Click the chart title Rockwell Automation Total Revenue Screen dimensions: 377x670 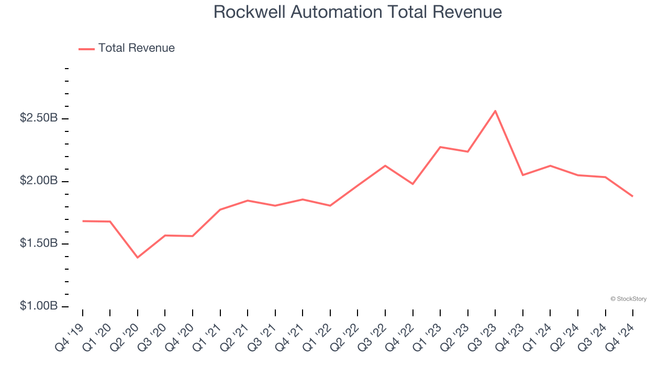(x=358, y=12)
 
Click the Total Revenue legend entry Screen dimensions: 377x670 (x=136, y=48)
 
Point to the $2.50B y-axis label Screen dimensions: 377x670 (x=38, y=118)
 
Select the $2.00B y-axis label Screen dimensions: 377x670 (x=38, y=181)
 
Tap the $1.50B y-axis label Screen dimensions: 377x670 (x=38, y=244)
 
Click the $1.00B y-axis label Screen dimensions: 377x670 (x=38, y=306)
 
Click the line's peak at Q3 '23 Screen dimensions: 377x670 (x=495, y=111)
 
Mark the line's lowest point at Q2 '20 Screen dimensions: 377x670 (x=138, y=258)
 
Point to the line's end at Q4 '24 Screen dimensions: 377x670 (x=632, y=196)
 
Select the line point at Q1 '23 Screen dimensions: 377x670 (x=440, y=147)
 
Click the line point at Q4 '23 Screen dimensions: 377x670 (x=522, y=175)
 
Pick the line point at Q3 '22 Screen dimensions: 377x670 (x=385, y=165)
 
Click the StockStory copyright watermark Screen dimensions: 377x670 (x=628, y=299)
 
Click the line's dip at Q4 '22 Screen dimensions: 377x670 (x=412, y=184)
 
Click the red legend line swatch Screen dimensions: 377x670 (x=86, y=49)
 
